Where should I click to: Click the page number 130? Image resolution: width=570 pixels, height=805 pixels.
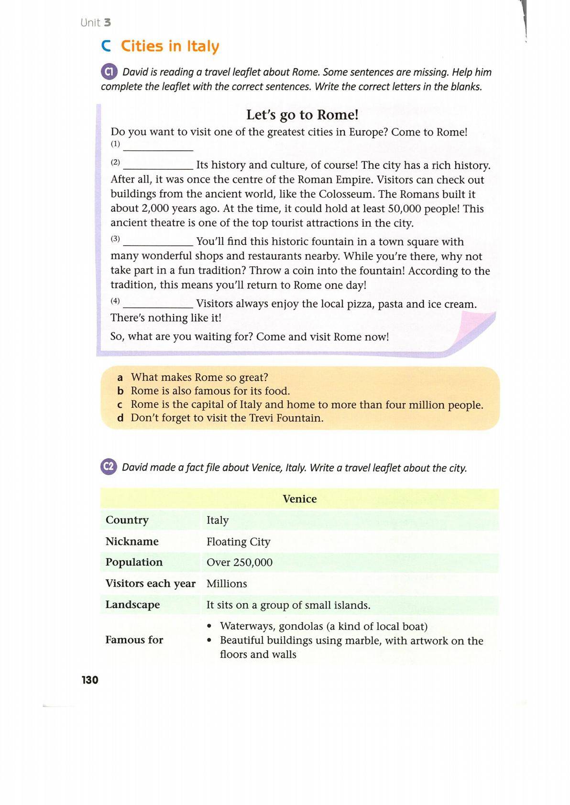click(x=90, y=680)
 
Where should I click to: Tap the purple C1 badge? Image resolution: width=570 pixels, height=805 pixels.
click(x=109, y=72)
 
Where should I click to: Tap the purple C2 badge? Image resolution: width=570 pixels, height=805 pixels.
click(x=109, y=467)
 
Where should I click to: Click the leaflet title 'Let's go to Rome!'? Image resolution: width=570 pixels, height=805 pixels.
click(x=302, y=115)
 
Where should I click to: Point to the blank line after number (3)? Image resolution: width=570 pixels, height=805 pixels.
click(x=158, y=242)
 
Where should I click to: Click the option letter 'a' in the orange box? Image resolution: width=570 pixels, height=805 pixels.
click(x=121, y=377)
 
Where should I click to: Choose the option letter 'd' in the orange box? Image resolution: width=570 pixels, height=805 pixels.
click(x=121, y=418)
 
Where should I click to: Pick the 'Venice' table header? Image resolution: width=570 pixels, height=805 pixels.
click(x=299, y=499)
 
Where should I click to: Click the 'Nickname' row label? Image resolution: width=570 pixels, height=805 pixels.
click(x=132, y=541)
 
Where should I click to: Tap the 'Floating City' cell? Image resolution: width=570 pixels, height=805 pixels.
click(x=238, y=542)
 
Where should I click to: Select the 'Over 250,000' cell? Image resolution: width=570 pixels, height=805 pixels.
click(x=239, y=562)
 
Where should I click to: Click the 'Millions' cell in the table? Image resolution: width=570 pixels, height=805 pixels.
click(x=227, y=584)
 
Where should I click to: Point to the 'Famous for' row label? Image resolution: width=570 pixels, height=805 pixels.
click(x=134, y=640)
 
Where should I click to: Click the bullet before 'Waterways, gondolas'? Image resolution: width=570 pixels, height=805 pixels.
click(x=209, y=626)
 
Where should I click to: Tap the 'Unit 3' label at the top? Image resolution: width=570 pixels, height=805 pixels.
click(x=96, y=22)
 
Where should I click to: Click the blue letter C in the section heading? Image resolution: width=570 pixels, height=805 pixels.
click(x=106, y=46)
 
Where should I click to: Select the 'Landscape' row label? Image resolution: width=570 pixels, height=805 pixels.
click(x=132, y=605)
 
